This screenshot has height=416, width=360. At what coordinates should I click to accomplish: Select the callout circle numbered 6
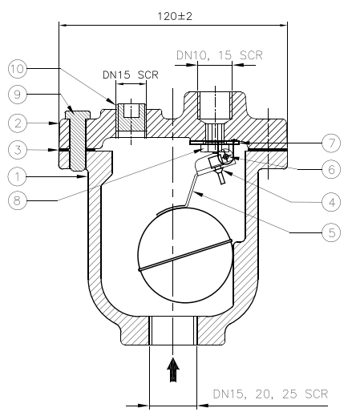tap(331, 170)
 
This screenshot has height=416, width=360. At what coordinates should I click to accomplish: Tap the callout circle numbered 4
tap(331, 202)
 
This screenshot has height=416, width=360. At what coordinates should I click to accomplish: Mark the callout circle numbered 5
tap(331, 232)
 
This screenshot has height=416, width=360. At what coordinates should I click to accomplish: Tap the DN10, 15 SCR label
tap(219, 55)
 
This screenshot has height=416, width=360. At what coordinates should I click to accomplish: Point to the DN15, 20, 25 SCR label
tap(269, 395)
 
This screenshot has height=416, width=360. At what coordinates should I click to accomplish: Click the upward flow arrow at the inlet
tap(172, 370)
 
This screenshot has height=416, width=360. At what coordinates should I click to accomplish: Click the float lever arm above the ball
tap(192, 191)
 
